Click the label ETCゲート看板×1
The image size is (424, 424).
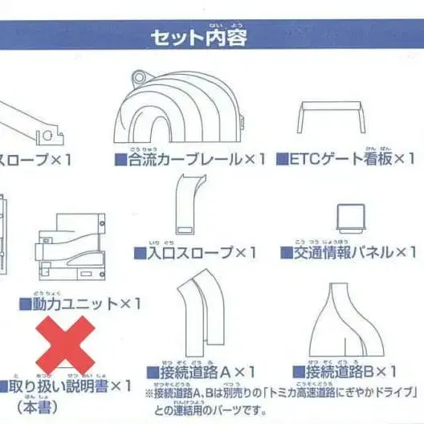click(345, 158)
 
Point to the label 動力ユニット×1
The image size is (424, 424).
click(79, 304)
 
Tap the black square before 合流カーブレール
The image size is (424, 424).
click(120, 160)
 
